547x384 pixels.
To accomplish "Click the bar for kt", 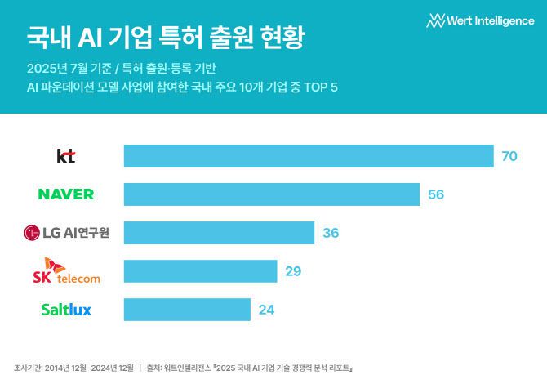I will point(309,156).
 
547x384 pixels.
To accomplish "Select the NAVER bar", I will point(272,194).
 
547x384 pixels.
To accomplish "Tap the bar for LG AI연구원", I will point(219,233).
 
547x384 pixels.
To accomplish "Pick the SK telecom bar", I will point(200,271).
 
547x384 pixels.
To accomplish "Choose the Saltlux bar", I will point(187,310).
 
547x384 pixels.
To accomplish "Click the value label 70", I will point(509,156).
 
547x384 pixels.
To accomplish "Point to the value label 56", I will point(436,194).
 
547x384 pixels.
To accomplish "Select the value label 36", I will point(331,233).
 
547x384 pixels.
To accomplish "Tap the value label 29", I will point(293,271).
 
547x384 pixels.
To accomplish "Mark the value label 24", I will point(266,310).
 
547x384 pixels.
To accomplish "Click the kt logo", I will point(66,156).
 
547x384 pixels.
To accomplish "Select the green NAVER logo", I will point(66,194).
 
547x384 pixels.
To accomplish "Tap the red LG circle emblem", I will point(32,233).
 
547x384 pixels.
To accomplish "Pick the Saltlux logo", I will point(66,310).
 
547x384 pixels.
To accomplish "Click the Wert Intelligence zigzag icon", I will point(435,20).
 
